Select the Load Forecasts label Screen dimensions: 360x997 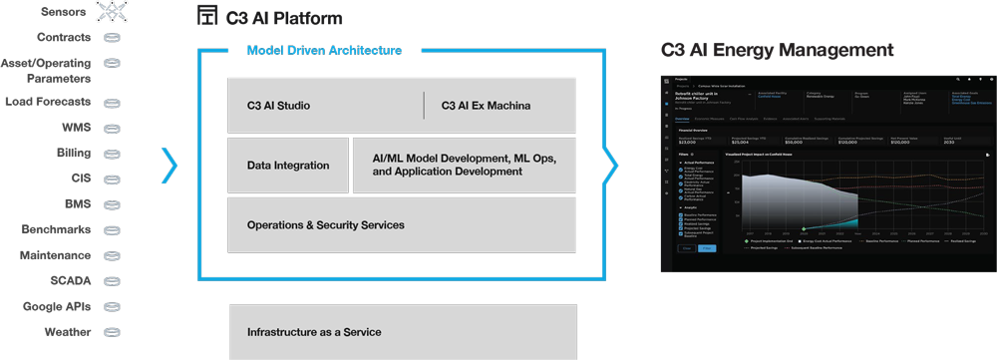tap(48, 102)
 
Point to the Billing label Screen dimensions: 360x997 tap(73, 154)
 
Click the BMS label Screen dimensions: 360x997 tap(77, 204)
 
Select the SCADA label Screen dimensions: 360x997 tap(69, 281)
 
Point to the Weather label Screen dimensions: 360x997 tap(67, 332)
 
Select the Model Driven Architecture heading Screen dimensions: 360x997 tap(324, 50)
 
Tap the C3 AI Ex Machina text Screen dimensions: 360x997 tap(486, 106)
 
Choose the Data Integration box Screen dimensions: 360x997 tap(287, 166)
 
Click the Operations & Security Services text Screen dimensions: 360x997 tap(325, 225)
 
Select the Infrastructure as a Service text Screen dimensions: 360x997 tap(314, 332)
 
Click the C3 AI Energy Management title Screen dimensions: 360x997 tap(777, 50)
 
